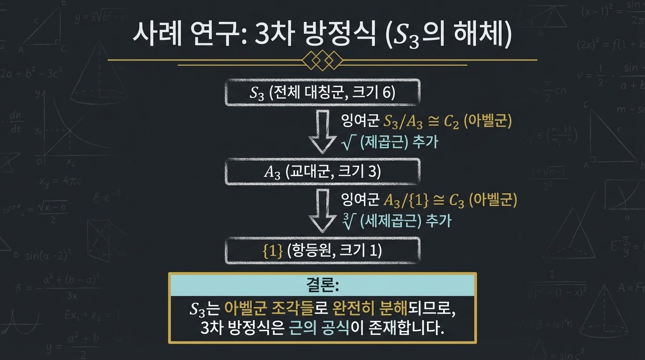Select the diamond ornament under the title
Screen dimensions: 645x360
(322, 60)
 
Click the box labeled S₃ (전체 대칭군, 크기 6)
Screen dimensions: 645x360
(322, 93)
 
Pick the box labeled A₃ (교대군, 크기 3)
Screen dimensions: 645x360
(322, 172)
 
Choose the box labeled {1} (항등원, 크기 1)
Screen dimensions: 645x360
(322, 251)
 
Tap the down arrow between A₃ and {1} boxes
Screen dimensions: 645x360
(322, 211)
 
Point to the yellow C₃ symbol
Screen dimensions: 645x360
(456, 201)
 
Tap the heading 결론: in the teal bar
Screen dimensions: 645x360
(322, 285)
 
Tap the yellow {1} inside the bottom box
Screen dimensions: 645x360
(273, 251)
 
